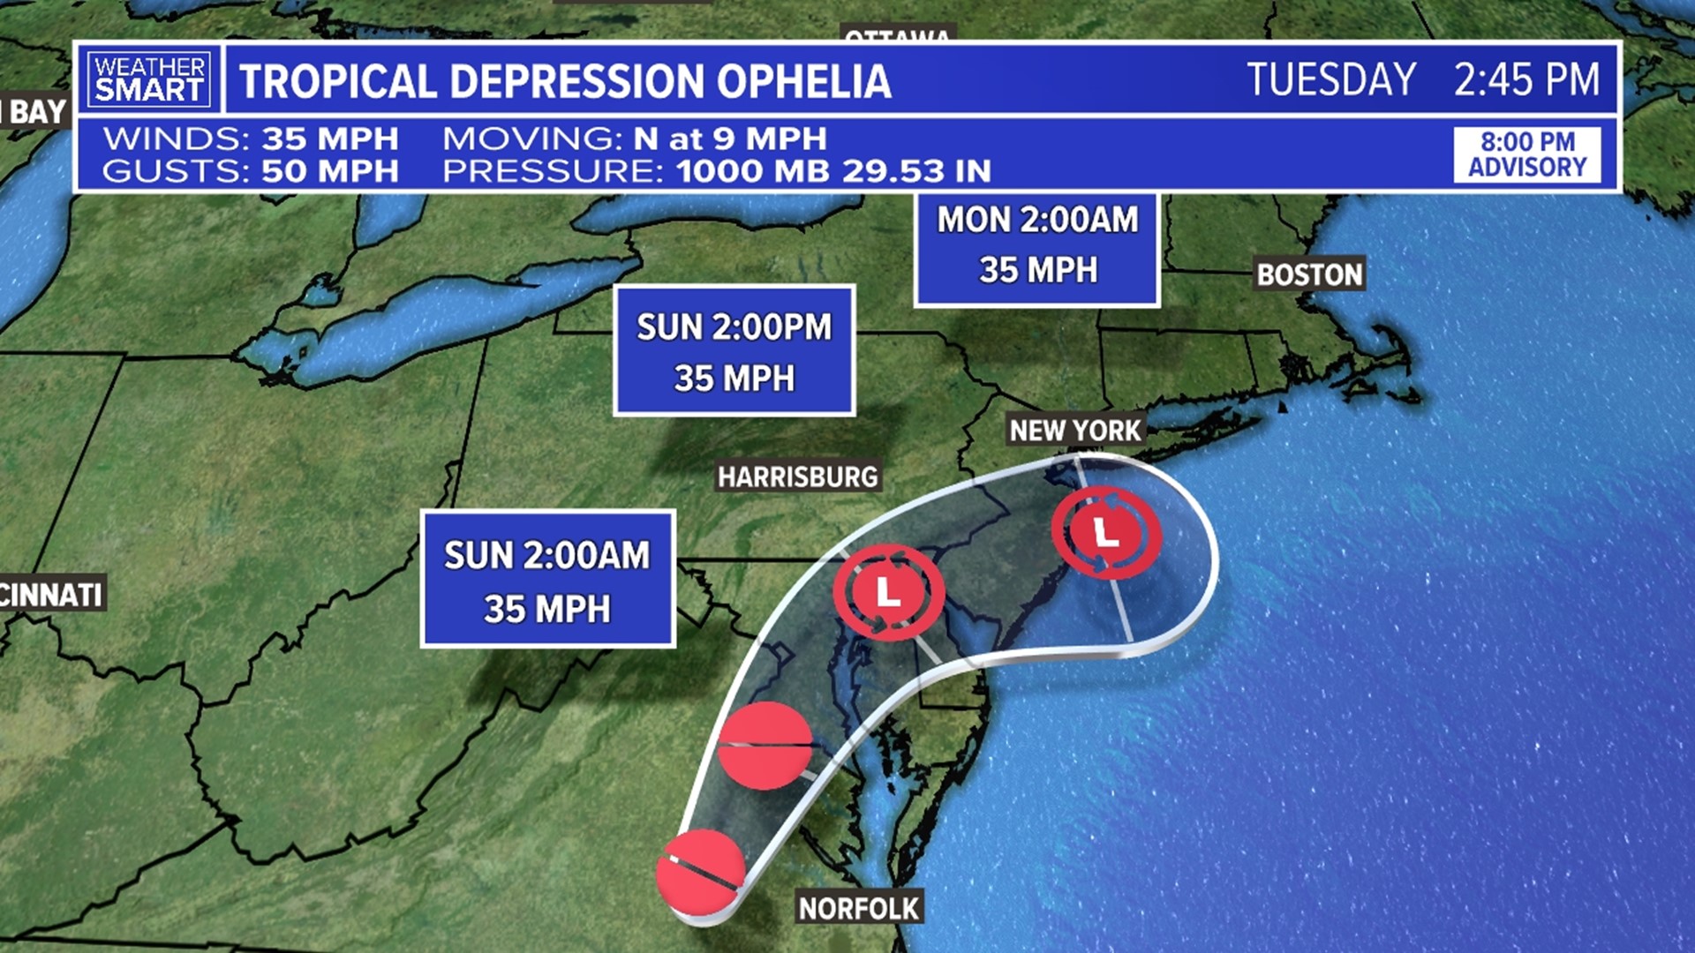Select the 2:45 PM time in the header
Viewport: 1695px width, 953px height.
(1526, 79)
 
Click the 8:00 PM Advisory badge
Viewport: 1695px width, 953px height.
(1527, 154)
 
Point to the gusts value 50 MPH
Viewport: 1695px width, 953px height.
(330, 171)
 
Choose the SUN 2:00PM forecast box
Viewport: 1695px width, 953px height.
(734, 351)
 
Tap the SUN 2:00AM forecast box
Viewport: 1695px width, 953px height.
(547, 580)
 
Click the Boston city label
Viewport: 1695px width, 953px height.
(1310, 274)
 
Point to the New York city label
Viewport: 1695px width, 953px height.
(1075, 431)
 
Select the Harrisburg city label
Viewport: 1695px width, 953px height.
(797, 477)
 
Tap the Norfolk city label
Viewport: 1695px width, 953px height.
(859, 908)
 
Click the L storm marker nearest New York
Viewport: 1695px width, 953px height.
(1106, 532)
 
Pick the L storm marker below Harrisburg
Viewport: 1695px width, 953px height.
(888, 591)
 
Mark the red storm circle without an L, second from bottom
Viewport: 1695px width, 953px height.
(765, 746)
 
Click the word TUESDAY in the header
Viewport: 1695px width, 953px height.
(1331, 79)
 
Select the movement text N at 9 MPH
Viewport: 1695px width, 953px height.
(730, 139)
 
